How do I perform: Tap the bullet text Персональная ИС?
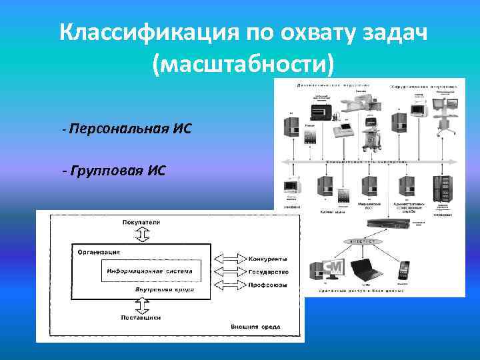click(x=129, y=128)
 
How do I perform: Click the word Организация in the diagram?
click(x=99, y=252)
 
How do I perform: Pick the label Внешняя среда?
click(x=255, y=327)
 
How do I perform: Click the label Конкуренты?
click(x=268, y=258)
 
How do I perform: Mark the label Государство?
click(x=269, y=272)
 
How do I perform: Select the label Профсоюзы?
click(x=268, y=286)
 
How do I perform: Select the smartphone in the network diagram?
click(x=403, y=270)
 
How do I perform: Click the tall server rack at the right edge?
click(x=441, y=189)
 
